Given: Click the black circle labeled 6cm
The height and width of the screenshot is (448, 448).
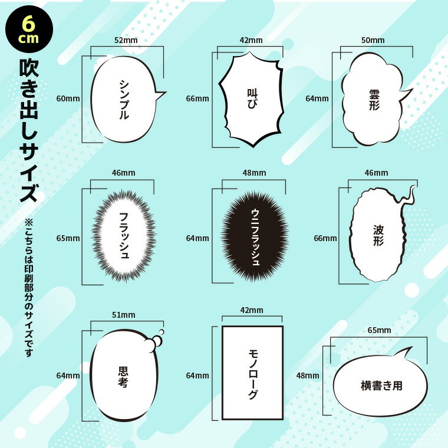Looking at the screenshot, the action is (x=29, y=29).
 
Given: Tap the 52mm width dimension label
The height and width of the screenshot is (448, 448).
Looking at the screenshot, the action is (x=126, y=40).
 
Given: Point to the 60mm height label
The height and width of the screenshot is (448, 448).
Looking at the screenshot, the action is (x=68, y=98).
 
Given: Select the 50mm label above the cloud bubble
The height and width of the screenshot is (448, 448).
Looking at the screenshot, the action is (x=373, y=40).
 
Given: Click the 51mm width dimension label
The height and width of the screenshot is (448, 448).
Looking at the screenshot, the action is (x=123, y=315).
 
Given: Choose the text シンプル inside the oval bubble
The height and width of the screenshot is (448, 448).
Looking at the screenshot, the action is (x=124, y=99).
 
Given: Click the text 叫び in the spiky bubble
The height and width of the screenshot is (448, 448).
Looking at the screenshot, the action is (x=252, y=98).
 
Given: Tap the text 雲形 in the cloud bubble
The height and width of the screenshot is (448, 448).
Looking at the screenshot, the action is (x=374, y=100).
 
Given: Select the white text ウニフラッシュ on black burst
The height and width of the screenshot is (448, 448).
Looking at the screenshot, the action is (x=255, y=238).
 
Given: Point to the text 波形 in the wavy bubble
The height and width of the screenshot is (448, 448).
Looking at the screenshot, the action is (x=378, y=235).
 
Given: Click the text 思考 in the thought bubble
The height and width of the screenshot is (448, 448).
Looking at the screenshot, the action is (x=123, y=377).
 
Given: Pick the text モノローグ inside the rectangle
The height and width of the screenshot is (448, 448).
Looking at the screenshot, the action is (x=253, y=374).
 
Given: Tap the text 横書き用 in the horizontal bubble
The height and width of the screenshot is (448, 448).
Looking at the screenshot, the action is (x=381, y=386).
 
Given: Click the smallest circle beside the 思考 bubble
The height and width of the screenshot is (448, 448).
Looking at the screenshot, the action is (x=162, y=332).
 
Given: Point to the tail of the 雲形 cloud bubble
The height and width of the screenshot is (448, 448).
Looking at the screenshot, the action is (x=406, y=95).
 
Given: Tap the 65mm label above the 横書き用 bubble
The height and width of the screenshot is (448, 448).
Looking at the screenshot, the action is (x=379, y=330).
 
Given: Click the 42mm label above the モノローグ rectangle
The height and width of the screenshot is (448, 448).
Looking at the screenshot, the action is (x=252, y=310).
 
